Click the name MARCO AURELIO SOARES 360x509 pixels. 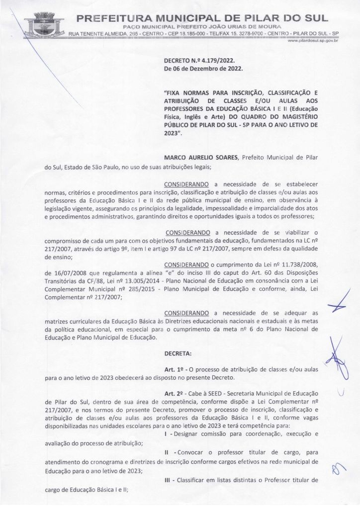click(201, 157)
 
